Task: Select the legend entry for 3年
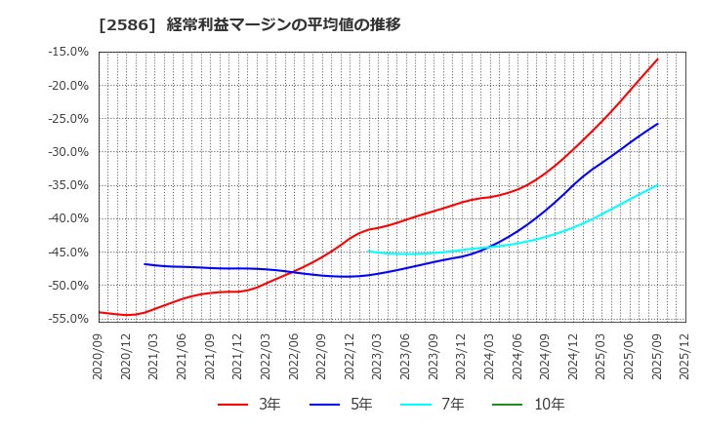point(249,404)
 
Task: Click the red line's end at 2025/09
point(657,58)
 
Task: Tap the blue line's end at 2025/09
point(657,124)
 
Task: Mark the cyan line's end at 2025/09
point(657,185)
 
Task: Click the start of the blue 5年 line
point(145,263)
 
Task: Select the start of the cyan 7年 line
point(368,252)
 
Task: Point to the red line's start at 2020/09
point(99,312)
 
